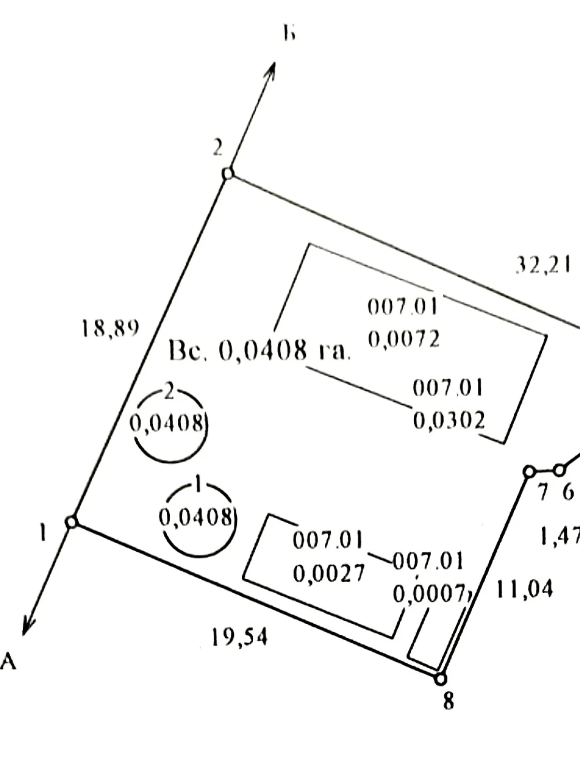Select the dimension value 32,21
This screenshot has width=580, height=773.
point(543,265)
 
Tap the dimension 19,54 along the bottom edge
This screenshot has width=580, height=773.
point(239,638)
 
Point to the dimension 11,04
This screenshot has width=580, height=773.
point(524,589)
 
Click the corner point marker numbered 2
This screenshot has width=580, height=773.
point(228,173)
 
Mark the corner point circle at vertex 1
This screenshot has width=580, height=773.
point(72,522)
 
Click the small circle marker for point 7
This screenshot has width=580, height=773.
point(529,471)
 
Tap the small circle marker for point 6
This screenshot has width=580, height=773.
point(559,470)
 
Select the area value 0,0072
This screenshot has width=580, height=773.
point(404,339)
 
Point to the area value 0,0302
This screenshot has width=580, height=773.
point(449,420)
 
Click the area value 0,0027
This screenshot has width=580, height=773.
point(329,573)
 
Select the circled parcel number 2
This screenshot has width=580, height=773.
point(169,392)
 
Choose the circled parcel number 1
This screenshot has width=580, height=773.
point(197,483)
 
